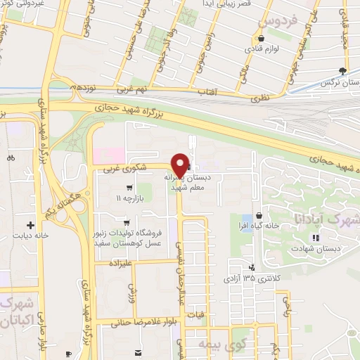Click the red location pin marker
coord(180,165)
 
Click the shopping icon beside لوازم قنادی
coord(262,38)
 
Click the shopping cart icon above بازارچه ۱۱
coord(129,188)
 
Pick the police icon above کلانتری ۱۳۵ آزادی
coord(252,266)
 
